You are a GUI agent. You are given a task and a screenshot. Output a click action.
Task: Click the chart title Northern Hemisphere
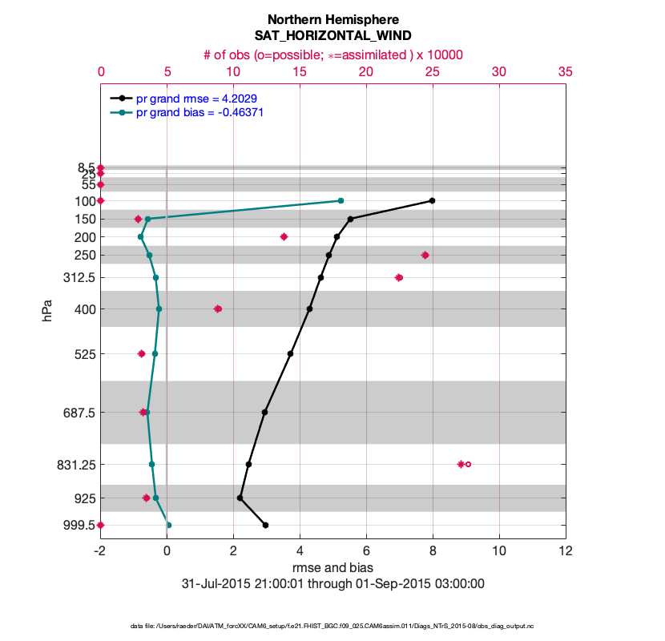click(x=332, y=19)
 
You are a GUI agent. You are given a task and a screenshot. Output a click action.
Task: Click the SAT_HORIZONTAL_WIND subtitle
click(x=332, y=36)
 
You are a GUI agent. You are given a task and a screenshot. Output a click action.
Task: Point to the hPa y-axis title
click(x=48, y=311)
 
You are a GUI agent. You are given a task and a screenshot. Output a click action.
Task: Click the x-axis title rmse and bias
click(x=332, y=568)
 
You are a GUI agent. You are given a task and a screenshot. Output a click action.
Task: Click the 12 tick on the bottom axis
click(x=566, y=551)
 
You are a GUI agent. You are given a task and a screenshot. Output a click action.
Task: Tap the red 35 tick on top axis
click(x=566, y=72)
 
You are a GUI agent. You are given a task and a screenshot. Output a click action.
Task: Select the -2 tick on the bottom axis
click(x=100, y=551)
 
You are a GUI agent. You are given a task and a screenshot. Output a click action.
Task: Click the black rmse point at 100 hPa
click(x=433, y=200)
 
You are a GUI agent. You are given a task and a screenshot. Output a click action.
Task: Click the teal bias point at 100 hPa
click(x=341, y=200)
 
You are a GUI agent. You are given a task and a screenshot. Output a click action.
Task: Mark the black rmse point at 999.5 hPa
click(x=266, y=525)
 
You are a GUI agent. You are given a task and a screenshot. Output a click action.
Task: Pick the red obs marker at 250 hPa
click(x=425, y=255)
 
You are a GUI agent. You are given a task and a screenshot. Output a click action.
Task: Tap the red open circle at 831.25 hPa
click(x=469, y=464)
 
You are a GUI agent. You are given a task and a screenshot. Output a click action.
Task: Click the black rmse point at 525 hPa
click(x=291, y=353)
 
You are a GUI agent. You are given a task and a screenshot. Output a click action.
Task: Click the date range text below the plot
click(x=332, y=583)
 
